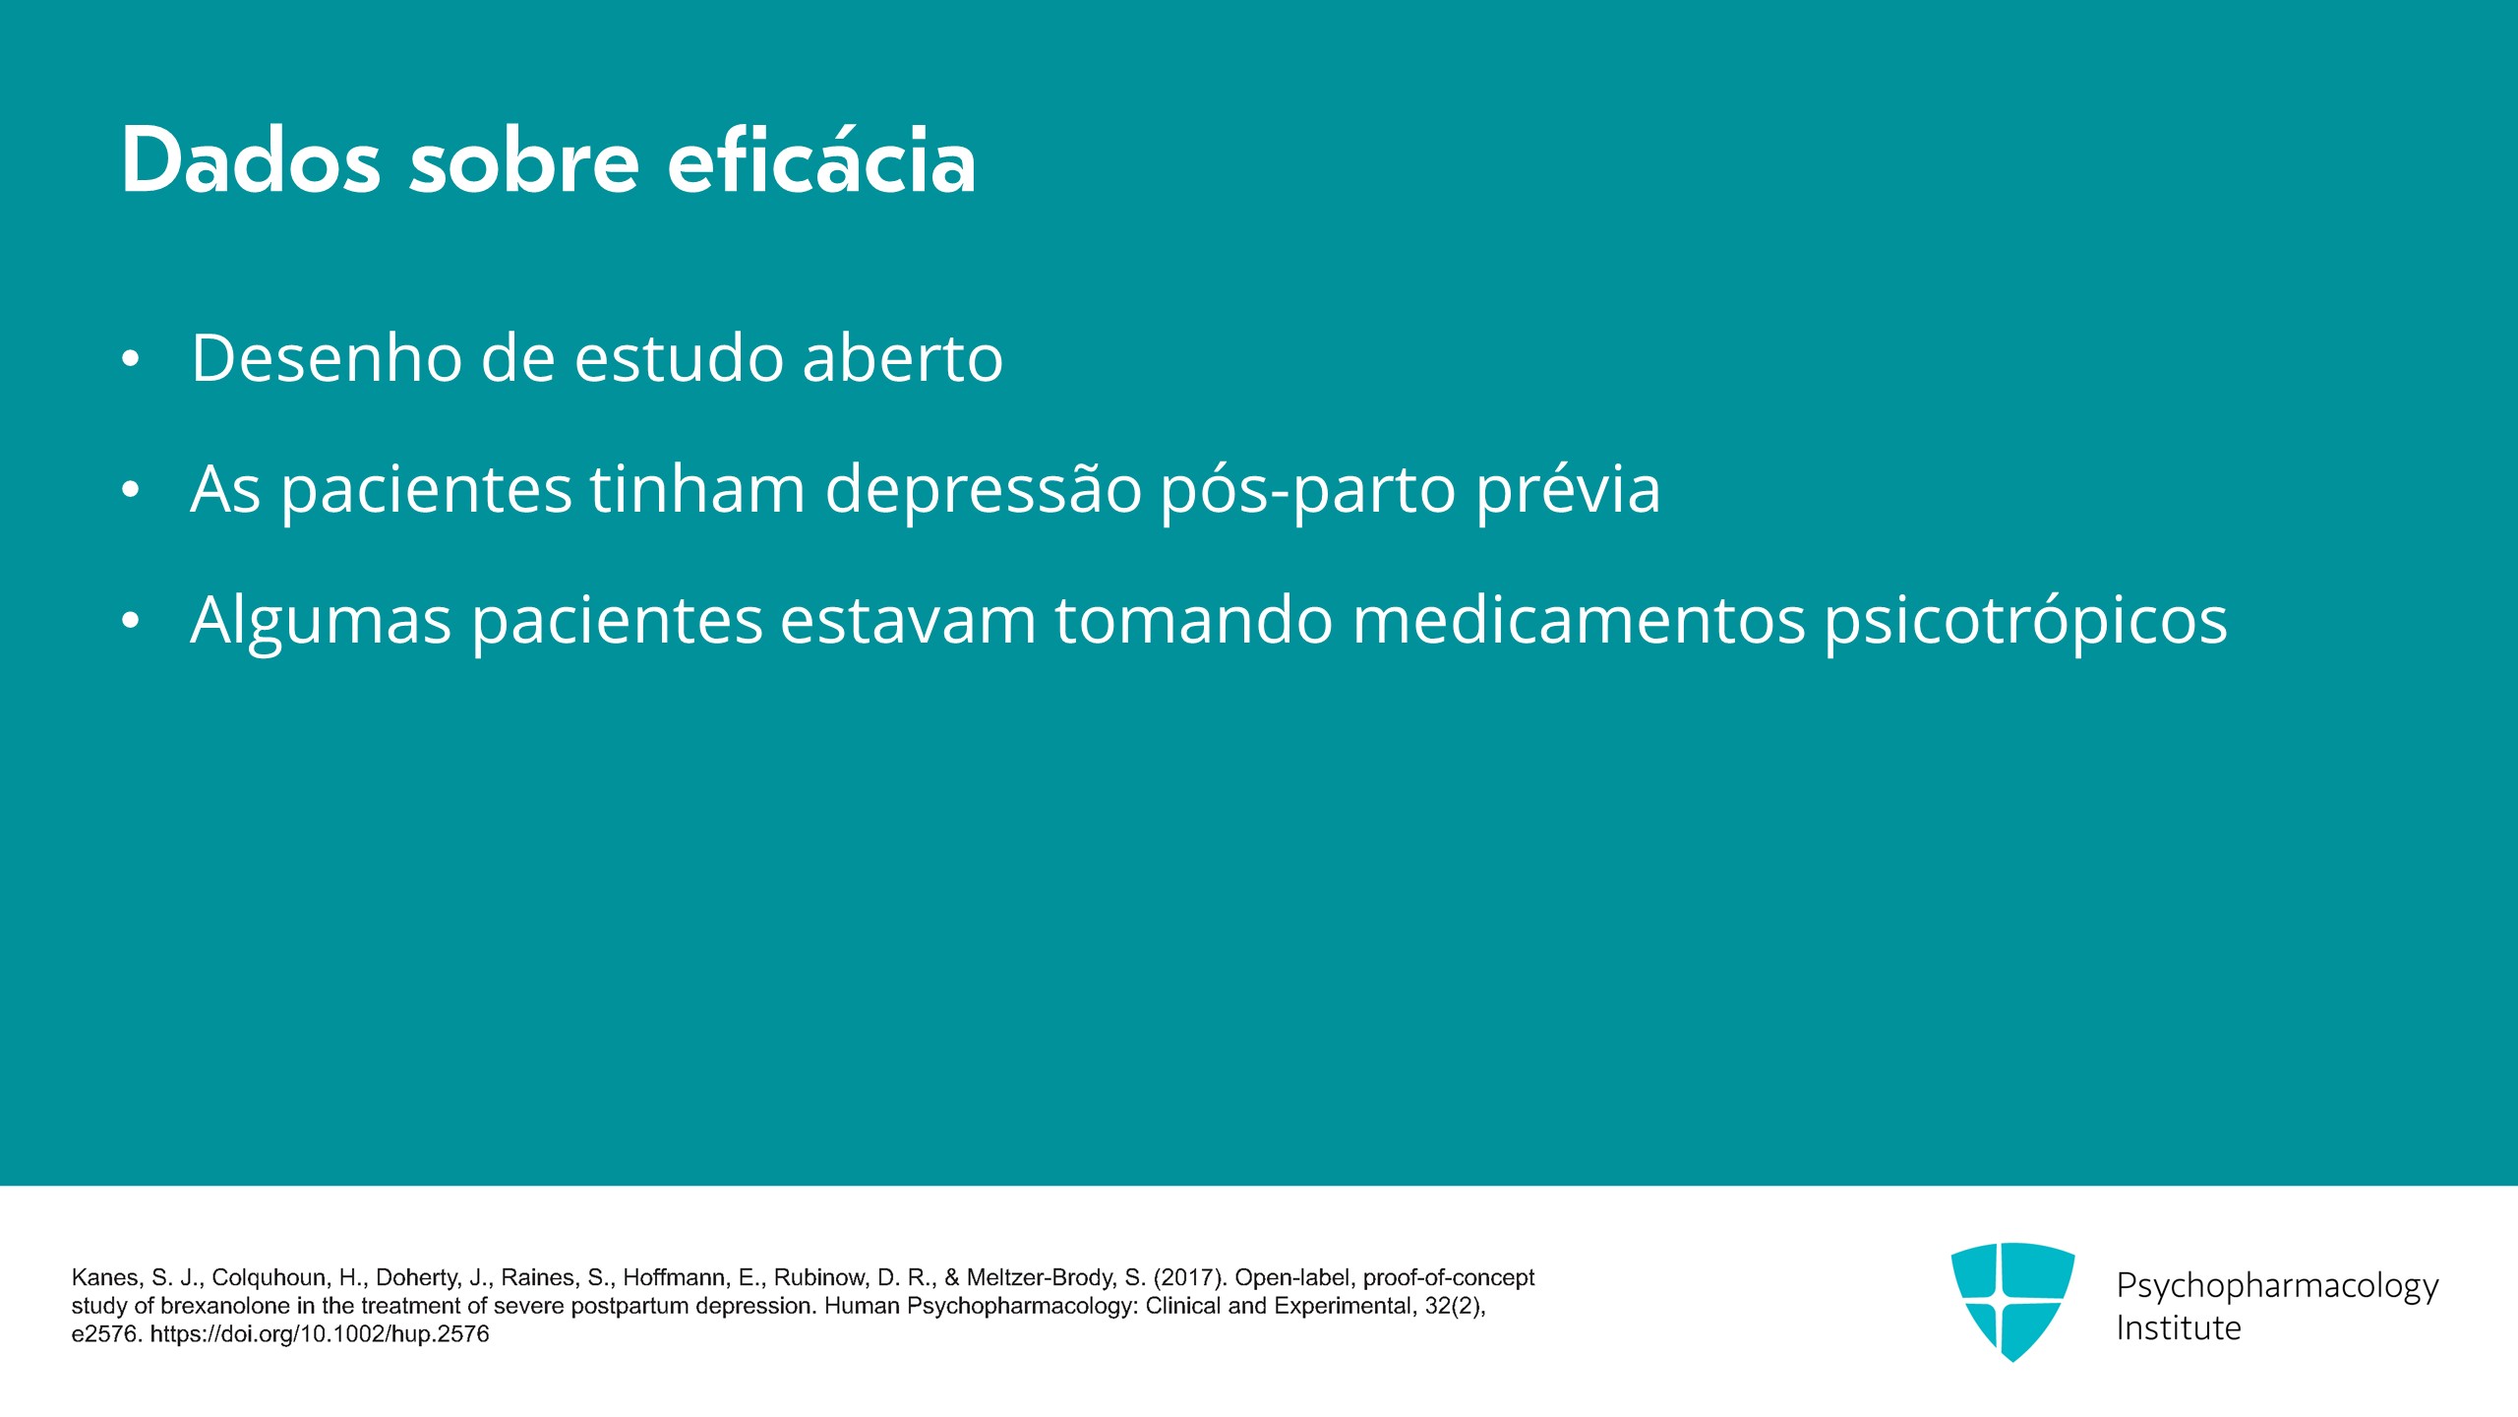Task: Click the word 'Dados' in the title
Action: pyautogui.click(x=251, y=160)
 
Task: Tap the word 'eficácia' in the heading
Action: pyautogui.click(x=822, y=158)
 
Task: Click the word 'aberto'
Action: pyautogui.click(x=903, y=357)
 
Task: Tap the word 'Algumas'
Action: pyautogui.click(x=322, y=620)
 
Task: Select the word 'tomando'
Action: pyautogui.click(x=1194, y=620)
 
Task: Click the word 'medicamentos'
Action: pyautogui.click(x=1580, y=620)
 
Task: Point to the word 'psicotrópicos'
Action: pyautogui.click(x=2026, y=620)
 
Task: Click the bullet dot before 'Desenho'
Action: pyautogui.click(x=131, y=360)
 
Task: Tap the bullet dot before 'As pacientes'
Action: pyautogui.click(x=131, y=490)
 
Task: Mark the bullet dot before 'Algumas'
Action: pyautogui.click(x=131, y=621)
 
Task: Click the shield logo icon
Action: pyautogui.click(x=2012, y=1301)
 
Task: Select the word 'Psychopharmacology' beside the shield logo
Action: pyautogui.click(x=2277, y=1285)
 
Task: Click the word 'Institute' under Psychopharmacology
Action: pyautogui.click(x=2179, y=1328)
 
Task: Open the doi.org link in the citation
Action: pyautogui.click(x=320, y=1334)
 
